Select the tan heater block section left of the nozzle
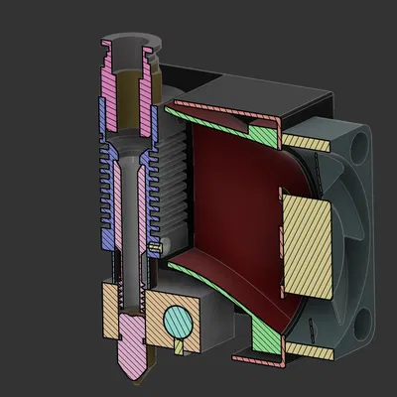click(x=110, y=308)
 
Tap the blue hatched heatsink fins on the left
click(x=107, y=189)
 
